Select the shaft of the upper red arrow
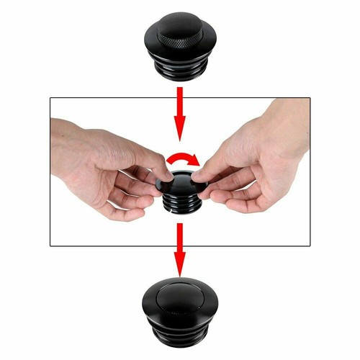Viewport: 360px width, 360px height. click(179, 101)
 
